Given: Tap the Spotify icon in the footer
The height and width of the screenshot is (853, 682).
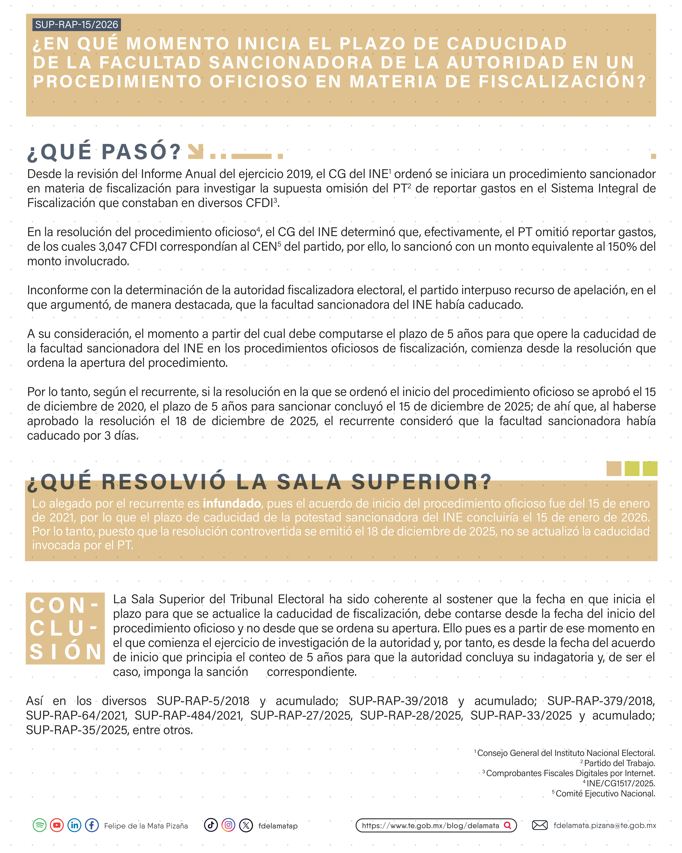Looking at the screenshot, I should coord(40,825).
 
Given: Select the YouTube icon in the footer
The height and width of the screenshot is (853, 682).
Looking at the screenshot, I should coord(57,825).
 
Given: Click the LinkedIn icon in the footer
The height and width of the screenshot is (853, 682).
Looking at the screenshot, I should coord(74,825).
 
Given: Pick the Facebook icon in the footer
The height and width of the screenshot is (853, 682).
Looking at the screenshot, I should coord(92,825).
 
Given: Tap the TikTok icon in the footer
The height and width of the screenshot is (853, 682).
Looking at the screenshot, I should coord(211,825).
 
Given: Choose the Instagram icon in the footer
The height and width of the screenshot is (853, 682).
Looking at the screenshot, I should coord(228,825).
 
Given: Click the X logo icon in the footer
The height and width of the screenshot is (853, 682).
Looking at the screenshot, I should coord(246,825).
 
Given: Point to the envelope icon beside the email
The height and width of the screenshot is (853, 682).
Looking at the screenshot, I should coord(539,825).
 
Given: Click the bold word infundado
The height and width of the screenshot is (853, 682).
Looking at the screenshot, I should coord(232,503).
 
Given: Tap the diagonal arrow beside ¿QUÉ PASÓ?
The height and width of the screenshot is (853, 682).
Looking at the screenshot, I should coord(195,151).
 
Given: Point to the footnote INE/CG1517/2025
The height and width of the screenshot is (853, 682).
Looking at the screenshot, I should coord(621,783).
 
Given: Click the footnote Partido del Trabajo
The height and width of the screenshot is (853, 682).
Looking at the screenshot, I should coord(620,763).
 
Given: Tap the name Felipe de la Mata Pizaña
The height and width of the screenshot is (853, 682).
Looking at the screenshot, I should coord(146,826).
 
